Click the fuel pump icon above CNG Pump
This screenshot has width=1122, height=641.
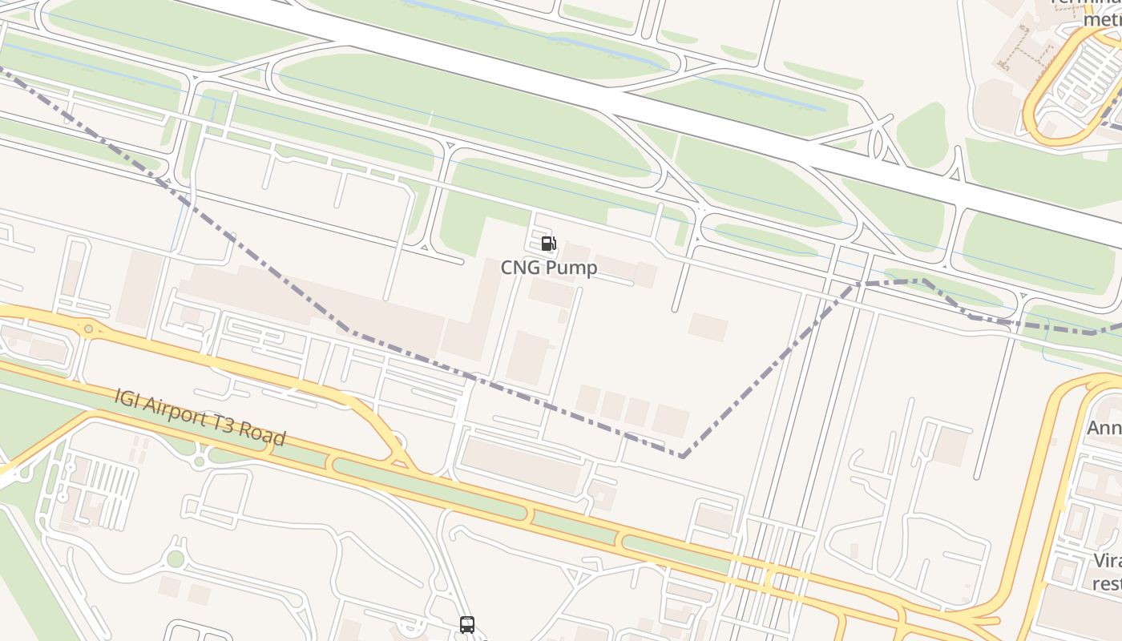coord(548,244)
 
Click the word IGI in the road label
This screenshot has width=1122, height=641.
coord(127,397)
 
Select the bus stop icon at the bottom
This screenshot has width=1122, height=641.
coord(467,625)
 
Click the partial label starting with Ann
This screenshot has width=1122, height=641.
coord(1104,429)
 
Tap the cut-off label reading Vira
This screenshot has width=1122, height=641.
coord(1107,560)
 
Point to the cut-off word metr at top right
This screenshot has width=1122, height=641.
coord(1101,18)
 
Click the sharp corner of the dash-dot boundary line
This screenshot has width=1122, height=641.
coord(682,456)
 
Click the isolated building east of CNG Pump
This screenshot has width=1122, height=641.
coord(708,327)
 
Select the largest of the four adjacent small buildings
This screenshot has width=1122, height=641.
coord(670,420)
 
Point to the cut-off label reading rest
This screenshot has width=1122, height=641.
coord(1107,583)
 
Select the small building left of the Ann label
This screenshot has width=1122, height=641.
coord(950,446)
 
